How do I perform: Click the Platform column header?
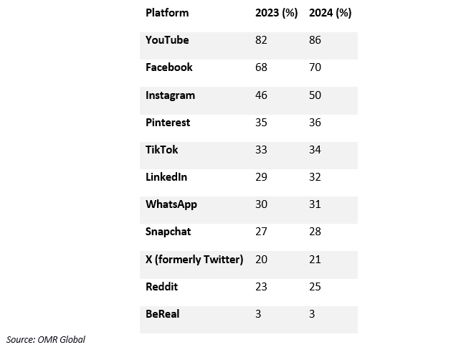point(166,13)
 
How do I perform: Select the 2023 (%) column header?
point(276,13)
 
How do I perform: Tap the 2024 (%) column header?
point(330,13)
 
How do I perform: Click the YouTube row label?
point(167,40)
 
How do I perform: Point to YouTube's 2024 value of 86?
point(315,40)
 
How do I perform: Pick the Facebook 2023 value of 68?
point(262,67)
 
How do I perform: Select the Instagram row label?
point(170,95)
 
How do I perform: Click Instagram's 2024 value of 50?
point(315,95)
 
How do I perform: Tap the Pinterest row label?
point(168,123)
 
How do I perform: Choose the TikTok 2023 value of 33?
point(262,150)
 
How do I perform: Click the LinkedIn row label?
point(167,177)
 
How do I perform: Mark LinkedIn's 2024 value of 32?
point(315,177)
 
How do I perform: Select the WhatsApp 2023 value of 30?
point(262,204)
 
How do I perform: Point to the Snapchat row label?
point(168,232)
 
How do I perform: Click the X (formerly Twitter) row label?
point(194,260)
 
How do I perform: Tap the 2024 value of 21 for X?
point(315,260)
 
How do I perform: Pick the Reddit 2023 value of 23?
point(262,287)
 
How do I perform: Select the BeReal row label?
point(162,314)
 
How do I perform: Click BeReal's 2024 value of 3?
point(312,314)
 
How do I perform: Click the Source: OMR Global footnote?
point(46,339)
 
